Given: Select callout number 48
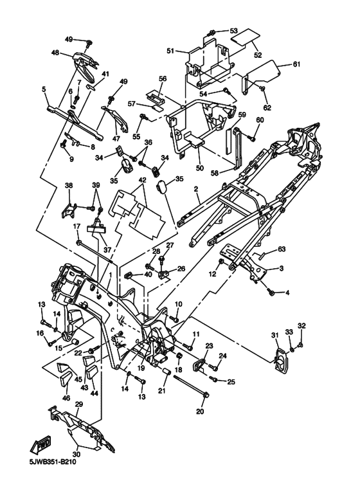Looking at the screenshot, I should (55, 53).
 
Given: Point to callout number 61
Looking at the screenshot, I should (296, 64).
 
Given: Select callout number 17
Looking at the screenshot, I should (76, 226).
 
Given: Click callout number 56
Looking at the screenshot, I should (163, 78).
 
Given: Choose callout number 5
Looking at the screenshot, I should (44, 90).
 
